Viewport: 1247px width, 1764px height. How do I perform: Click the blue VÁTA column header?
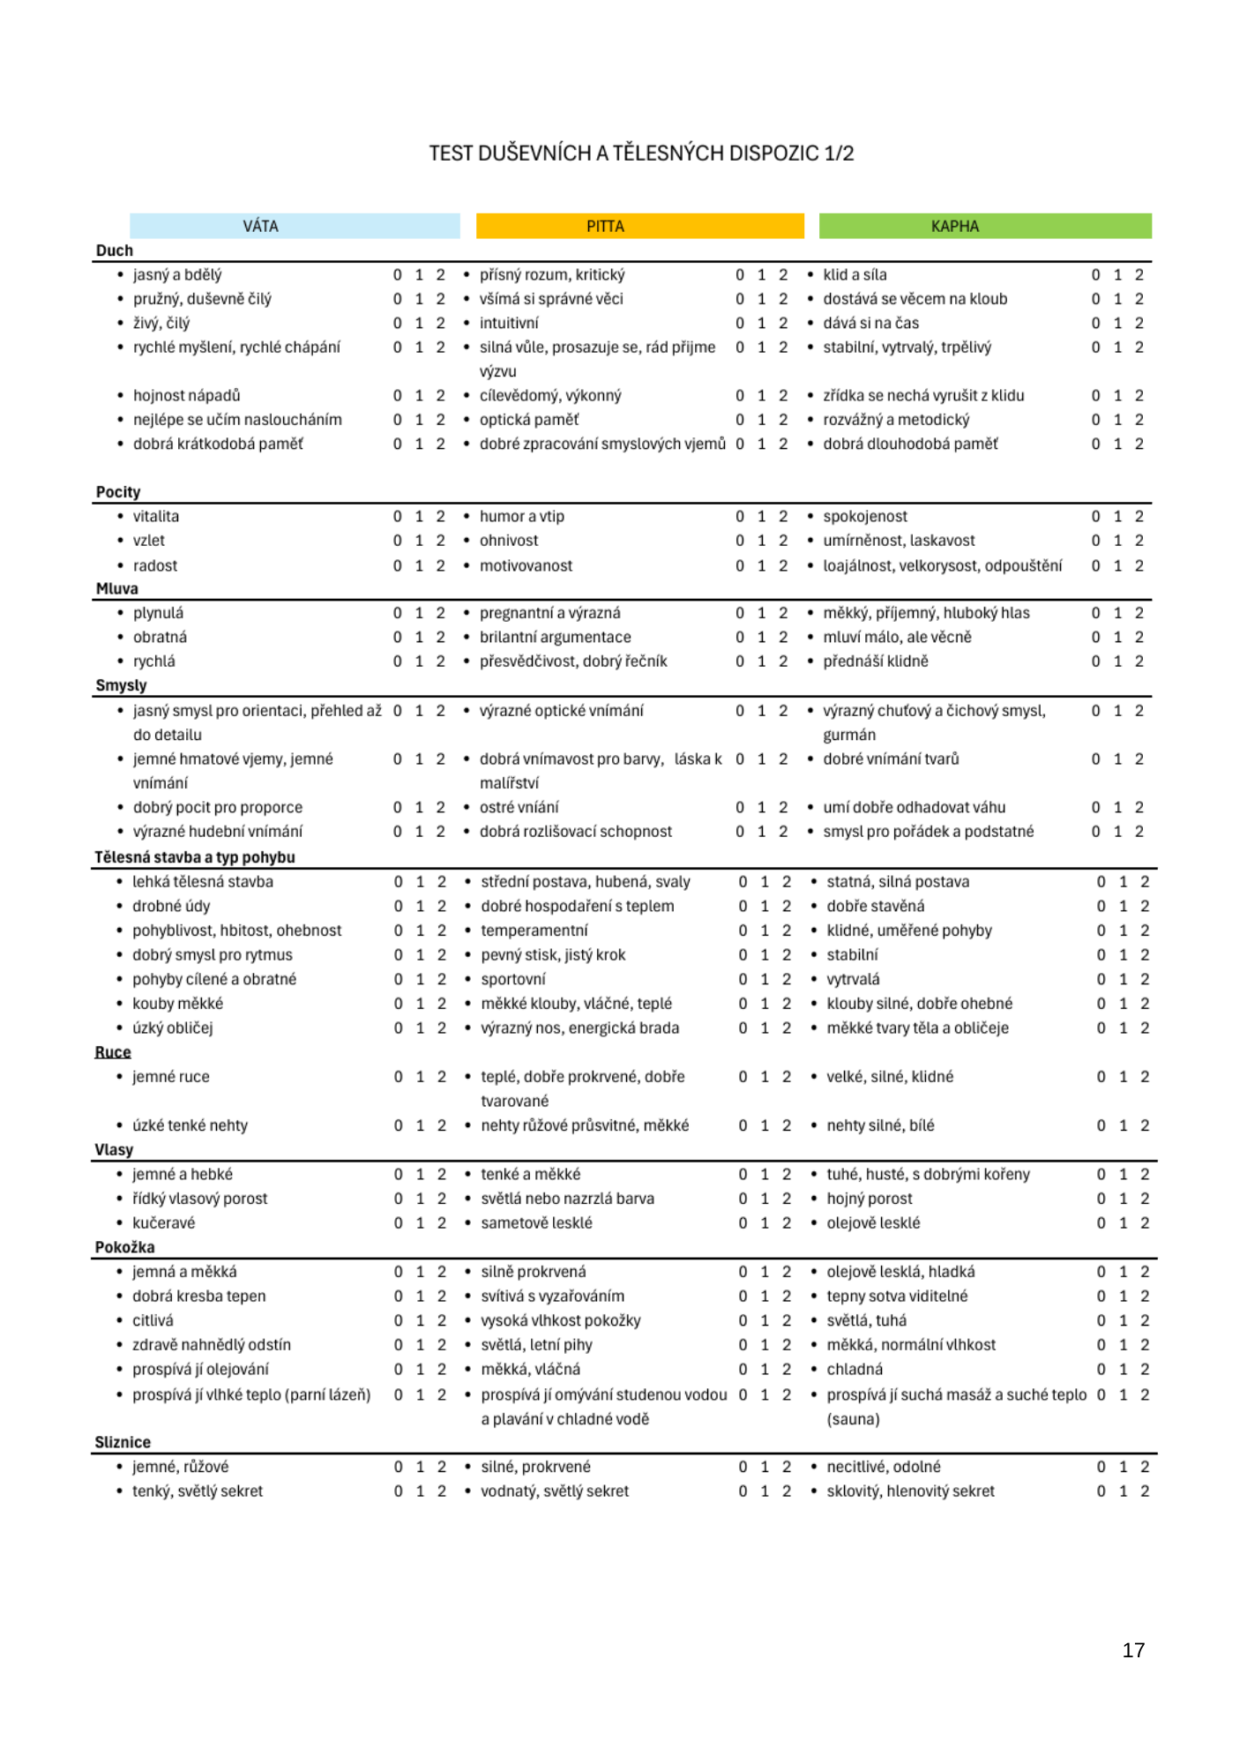[295, 226]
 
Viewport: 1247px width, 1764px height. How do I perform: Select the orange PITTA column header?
[639, 226]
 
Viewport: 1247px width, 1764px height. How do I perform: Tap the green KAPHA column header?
[984, 226]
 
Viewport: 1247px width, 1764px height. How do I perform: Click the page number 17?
[1133, 1650]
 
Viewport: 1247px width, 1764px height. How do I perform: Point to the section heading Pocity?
[118, 492]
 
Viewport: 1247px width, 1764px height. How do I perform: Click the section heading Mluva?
[117, 588]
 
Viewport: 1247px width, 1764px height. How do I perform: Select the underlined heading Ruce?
[113, 1052]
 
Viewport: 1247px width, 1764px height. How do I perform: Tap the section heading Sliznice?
[123, 1442]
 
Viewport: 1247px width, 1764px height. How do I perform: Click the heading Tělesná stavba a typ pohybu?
[195, 857]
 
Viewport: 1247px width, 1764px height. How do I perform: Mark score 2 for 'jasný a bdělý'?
[441, 275]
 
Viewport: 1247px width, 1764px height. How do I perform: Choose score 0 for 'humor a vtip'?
[740, 516]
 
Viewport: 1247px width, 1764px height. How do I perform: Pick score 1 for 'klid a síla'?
[1117, 275]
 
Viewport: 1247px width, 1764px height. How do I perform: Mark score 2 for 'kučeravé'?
[442, 1222]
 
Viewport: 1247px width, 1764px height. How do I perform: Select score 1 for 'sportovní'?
[765, 979]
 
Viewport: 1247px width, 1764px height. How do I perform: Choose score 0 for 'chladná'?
[1101, 1369]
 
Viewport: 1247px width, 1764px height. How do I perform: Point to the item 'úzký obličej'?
[173, 1028]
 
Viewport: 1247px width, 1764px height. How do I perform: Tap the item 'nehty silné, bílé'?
[880, 1125]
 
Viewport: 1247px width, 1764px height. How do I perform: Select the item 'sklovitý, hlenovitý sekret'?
[910, 1491]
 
